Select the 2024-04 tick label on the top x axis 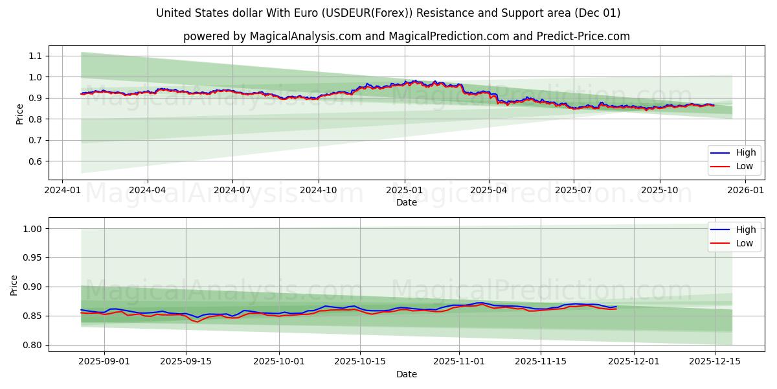pos(147,191)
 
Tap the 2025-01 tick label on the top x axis pos(404,191)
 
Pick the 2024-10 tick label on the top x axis pos(318,191)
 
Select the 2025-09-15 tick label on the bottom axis pos(186,362)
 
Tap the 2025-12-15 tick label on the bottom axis pos(714,362)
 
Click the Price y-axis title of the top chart pos(19,113)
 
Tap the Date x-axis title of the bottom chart pos(407,375)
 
